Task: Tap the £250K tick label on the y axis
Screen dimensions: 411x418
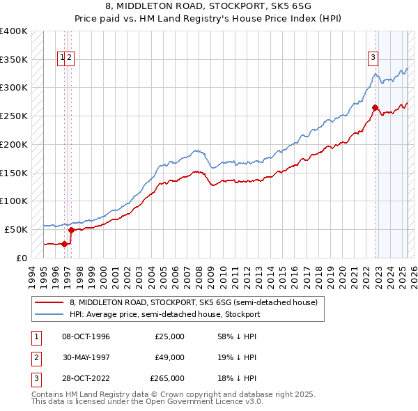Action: click(x=14, y=116)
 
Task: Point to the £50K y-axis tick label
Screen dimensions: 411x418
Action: click(x=17, y=229)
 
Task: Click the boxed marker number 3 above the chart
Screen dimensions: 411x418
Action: click(x=373, y=59)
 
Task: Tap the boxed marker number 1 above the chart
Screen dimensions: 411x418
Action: click(x=63, y=59)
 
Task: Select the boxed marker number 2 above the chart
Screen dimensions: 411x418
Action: click(x=70, y=59)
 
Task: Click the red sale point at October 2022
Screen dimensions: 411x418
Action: click(x=375, y=107)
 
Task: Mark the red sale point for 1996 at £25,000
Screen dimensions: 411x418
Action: click(x=64, y=244)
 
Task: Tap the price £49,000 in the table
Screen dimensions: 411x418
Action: click(x=169, y=357)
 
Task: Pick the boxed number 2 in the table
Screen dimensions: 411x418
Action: click(x=35, y=357)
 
